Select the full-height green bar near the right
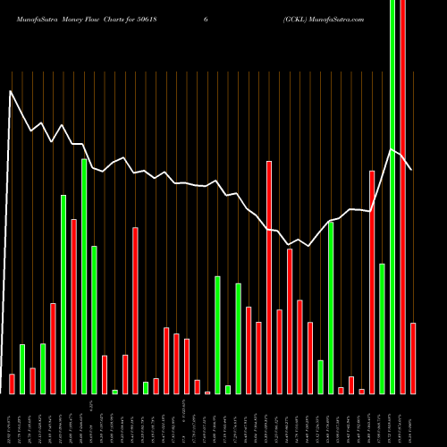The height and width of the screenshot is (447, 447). [392, 197]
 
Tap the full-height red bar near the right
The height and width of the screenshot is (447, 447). [402, 197]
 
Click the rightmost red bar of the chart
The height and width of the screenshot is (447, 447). [413, 358]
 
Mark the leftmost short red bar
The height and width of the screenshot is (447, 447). [12, 384]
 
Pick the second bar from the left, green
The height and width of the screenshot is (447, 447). [22, 368]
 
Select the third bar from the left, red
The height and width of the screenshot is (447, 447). [32, 381]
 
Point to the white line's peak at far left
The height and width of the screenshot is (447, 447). [11, 90]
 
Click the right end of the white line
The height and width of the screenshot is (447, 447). [411, 169]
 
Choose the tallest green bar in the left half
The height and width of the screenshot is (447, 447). [84, 276]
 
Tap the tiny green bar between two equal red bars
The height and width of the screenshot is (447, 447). [114, 392]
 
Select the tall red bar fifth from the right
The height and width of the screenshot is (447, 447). [372, 282]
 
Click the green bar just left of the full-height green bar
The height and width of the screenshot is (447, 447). [382, 328]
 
